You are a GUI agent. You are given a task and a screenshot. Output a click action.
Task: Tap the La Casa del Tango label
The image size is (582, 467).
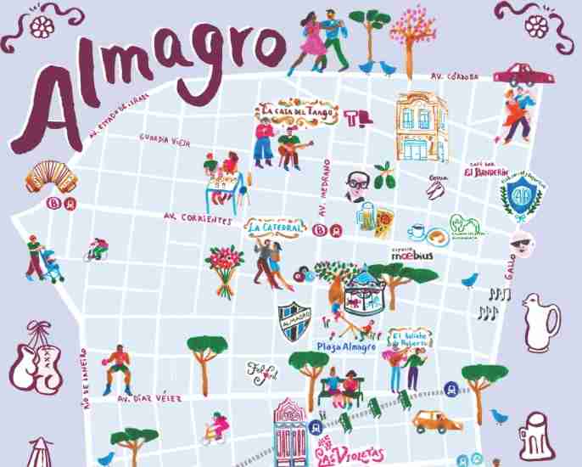[x=299, y=112]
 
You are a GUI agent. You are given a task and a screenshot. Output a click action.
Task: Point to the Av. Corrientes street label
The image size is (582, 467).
[x=197, y=219]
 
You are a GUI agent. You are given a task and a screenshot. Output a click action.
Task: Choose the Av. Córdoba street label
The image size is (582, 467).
[x=450, y=76]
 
